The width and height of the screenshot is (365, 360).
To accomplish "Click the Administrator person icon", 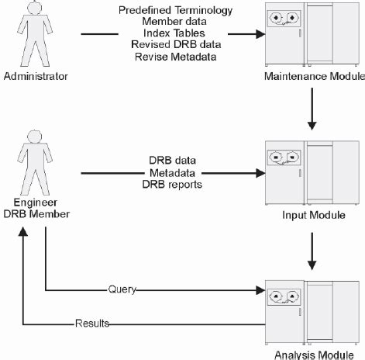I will pos(29,35).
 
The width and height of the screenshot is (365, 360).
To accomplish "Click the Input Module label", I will pos(315,214).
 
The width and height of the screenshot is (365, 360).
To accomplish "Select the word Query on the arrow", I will pos(122,290).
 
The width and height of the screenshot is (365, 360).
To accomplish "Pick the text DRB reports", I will pos(171,184).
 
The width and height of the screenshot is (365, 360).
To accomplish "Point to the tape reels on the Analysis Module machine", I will pos(284,296).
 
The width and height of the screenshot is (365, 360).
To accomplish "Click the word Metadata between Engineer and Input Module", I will pos(171,172).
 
